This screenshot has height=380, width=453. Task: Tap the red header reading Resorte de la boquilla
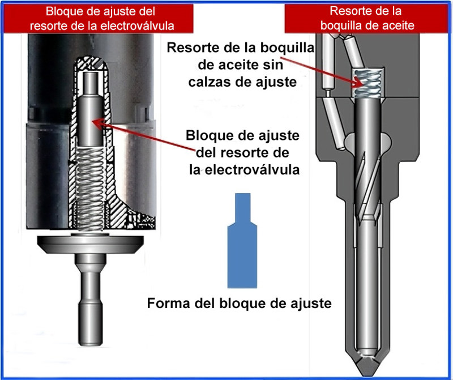pos(368,18)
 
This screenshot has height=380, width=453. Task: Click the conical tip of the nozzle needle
pos(364,354)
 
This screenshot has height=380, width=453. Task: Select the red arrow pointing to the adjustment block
pos(142,136)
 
